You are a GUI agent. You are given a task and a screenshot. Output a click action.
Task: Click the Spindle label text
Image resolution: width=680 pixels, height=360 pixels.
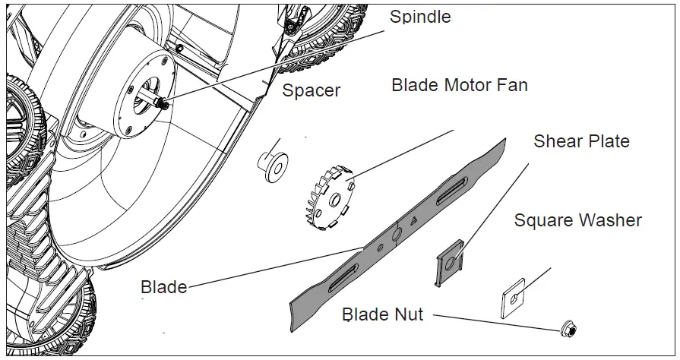pos(419,17)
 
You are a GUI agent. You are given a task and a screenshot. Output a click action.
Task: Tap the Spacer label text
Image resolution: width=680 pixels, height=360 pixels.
pos(311,91)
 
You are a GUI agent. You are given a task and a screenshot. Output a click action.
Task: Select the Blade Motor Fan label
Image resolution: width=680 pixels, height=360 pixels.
pos(459,85)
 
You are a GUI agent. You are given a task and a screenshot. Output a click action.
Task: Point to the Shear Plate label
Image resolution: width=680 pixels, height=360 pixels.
pos(581,141)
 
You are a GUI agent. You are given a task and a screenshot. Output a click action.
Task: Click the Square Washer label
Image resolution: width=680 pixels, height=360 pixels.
pos(577,221)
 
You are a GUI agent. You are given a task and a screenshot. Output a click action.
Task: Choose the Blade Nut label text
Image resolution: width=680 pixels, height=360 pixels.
pos(382,314)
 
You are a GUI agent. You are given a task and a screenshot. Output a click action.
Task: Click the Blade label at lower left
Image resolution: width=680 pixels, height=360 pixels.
pos(163,287)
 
